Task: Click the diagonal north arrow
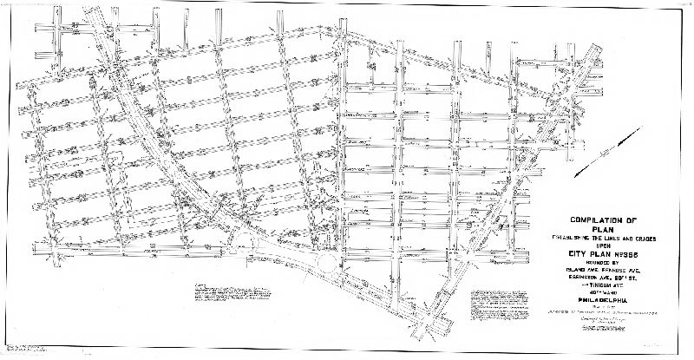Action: (x=619, y=144)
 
